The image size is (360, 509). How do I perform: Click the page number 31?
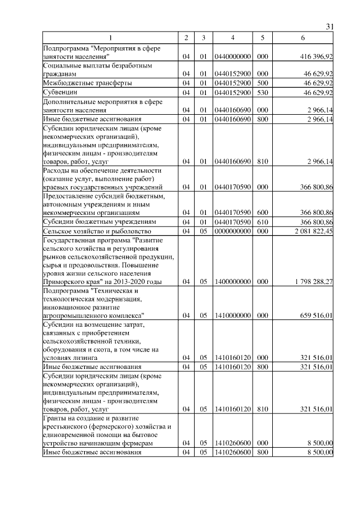[x=330, y=26]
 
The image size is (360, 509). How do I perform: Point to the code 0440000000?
[x=232, y=57]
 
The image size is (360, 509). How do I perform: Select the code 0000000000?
[x=232, y=231]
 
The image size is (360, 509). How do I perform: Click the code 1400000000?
[x=232, y=281]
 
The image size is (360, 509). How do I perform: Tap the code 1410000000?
[x=232, y=316]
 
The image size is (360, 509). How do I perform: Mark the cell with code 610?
[x=262, y=222]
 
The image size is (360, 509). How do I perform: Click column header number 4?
[x=232, y=38]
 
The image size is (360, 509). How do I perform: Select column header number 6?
[x=303, y=38]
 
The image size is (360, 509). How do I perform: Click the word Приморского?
[x=65, y=281]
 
